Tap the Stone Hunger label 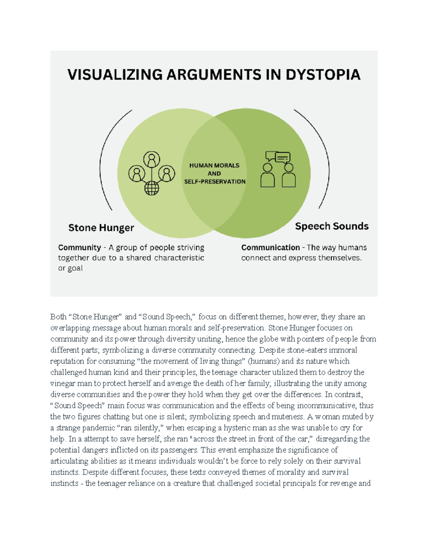pyautogui.click(x=101, y=228)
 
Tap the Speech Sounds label pyautogui.click(x=332, y=226)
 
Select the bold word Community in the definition pyautogui.click(x=79, y=247)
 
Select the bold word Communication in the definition pyautogui.click(x=270, y=247)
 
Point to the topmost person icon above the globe pyautogui.click(x=152, y=159)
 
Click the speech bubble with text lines pyautogui.click(x=283, y=157)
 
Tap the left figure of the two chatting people pyautogui.click(x=267, y=175)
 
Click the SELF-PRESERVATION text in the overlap pyautogui.click(x=215, y=182)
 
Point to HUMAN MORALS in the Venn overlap pyautogui.click(x=214, y=165)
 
